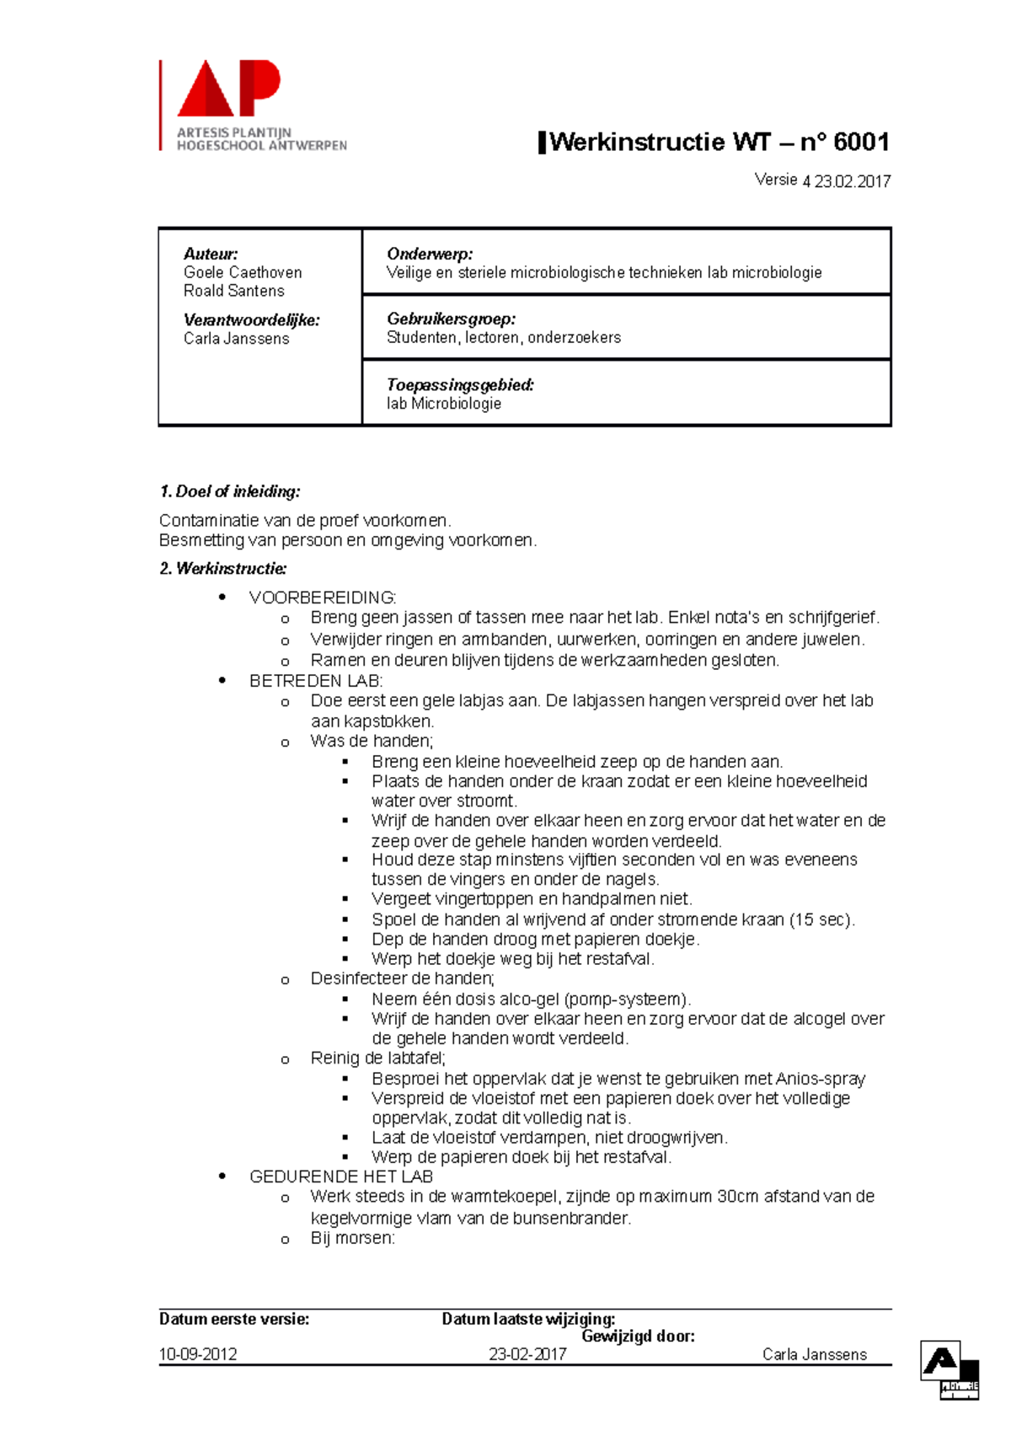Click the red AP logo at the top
[228, 89]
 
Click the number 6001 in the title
[860, 142]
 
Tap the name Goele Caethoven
[243, 272]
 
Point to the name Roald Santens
[234, 291]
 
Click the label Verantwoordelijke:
[251, 320]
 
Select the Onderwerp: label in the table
[429, 254]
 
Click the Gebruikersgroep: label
[451, 319]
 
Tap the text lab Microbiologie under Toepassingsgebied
[443, 404]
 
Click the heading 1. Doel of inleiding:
[229, 491]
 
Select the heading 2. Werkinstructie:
[222, 569]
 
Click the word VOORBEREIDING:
[322, 598]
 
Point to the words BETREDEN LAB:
[315, 680]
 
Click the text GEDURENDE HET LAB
[340, 1176]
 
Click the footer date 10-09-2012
[198, 1354]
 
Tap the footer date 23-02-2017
[527, 1354]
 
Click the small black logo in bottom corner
[949, 1371]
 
